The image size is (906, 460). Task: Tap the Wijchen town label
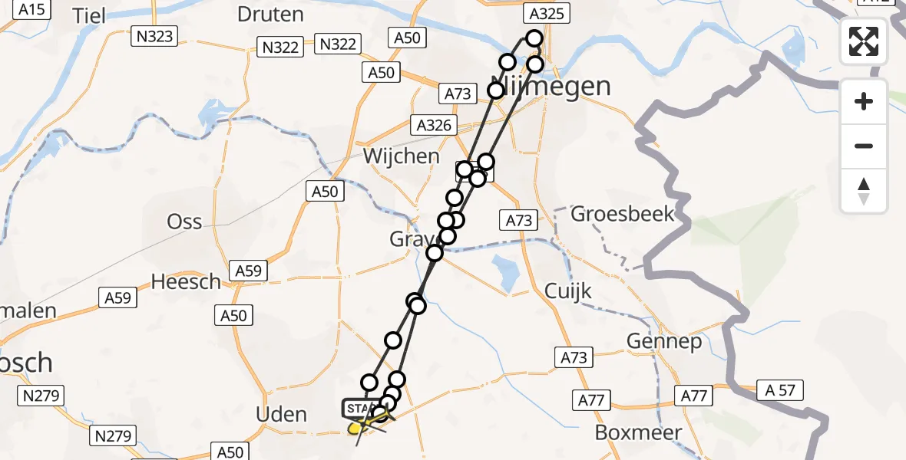[x=402, y=156]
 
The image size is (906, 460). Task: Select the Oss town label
[x=185, y=222]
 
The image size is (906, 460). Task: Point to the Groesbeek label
[x=623, y=213]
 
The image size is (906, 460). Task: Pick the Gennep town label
[x=664, y=341]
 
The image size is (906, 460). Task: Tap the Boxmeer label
[x=639, y=432]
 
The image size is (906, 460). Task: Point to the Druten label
[x=271, y=14]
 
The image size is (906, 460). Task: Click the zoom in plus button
[x=864, y=101]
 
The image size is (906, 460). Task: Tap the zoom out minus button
[x=864, y=146]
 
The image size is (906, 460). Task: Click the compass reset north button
[x=864, y=191]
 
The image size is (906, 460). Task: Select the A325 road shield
[x=546, y=13]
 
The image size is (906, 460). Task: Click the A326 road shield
[x=434, y=125]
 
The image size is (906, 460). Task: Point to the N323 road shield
[x=154, y=35]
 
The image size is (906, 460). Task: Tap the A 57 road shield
[x=779, y=391]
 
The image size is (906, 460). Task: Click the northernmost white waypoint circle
[x=534, y=38]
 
